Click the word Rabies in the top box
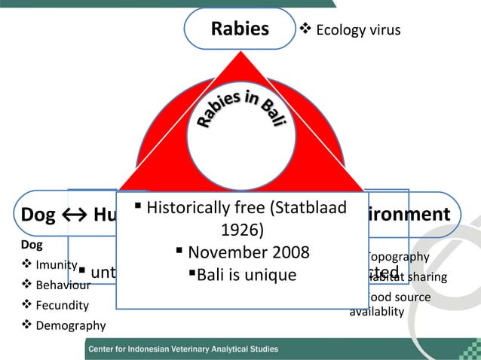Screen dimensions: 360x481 pyautogui.click(x=240, y=29)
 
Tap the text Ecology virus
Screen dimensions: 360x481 pyautogui.click(x=357, y=30)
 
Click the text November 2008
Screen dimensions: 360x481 pyautogui.click(x=248, y=252)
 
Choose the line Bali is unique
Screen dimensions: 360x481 pyautogui.click(x=247, y=275)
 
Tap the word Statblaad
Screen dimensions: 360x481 pyautogui.click(x=310, y=207)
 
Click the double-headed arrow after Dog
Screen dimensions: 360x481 pyautogui.click(x=74, y=215)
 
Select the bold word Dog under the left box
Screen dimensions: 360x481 pyautogui.click(x=32, y=245)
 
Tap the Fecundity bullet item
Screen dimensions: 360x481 pyautogui.click(x=61, y=306)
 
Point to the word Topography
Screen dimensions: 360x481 pyautogui.click(x=397, y=257)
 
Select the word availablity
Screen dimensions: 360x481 pyautogui.click(x=377, y=311)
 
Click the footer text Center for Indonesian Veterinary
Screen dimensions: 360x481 pyautogui.click(x=183, y=349)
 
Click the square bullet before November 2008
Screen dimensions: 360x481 pyautogui.click(x=179, y=249)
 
